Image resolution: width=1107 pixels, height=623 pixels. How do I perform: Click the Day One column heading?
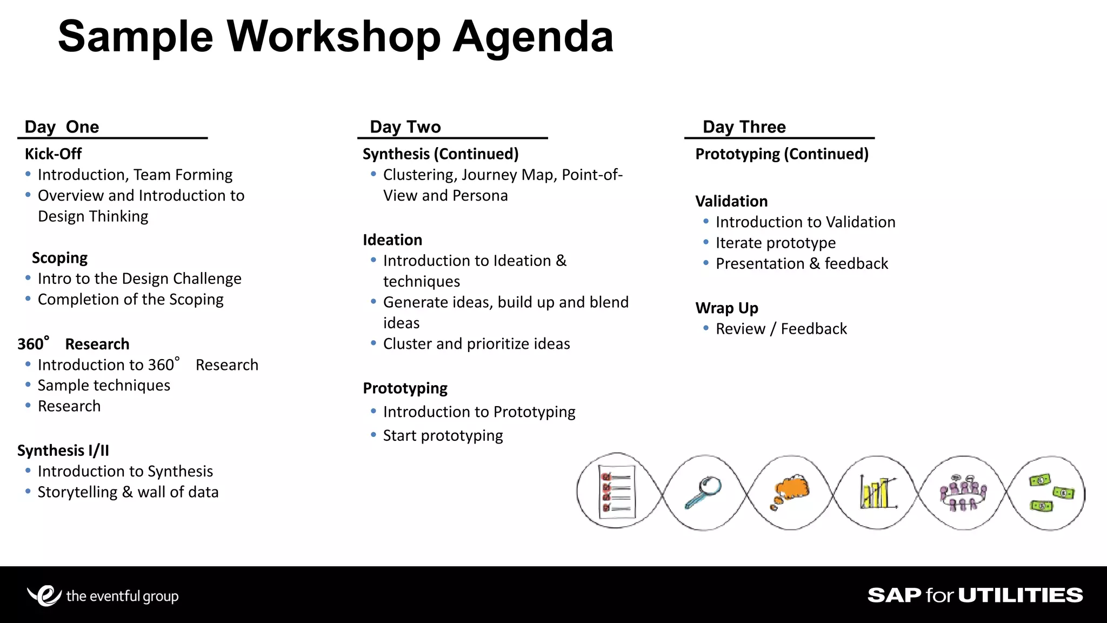click(62, 127)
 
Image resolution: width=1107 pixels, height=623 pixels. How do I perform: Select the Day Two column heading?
click(405, 127)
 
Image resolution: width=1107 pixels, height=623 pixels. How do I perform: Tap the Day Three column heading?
click(744, 127)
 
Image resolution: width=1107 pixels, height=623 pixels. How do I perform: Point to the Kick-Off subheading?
click(53, 154)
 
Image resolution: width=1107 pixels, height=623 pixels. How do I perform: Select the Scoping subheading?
click(59, 258)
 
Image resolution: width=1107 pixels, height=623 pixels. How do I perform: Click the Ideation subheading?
click(392, 240)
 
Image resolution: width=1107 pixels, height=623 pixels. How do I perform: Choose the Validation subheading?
click(731, 202)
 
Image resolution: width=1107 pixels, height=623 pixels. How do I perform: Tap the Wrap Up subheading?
click(726, 308)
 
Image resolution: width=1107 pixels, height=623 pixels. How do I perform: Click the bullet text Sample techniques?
click(104, 386)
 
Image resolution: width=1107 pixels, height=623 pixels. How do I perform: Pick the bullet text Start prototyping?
click(443, 436)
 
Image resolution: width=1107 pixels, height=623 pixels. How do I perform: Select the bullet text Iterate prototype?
click(776, 243)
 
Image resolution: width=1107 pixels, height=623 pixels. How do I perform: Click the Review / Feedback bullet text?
click(781, 329)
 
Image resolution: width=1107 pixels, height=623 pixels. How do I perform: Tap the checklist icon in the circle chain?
click(616, 492)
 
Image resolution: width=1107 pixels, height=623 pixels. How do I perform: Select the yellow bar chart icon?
click(877, 492)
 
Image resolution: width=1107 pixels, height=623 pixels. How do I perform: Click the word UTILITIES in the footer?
click(1021, 595)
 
